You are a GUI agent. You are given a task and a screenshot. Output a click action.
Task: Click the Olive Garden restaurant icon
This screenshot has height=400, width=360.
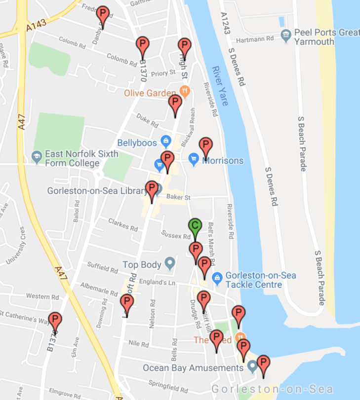click(x=185, y=91)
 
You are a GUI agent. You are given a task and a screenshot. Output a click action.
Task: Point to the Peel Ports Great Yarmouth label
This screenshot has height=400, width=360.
click(x=326, y=37)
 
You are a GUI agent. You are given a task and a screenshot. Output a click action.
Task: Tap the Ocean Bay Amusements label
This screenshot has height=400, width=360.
click(x=193, y=368)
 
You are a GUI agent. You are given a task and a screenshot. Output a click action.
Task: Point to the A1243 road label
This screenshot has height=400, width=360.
click(x=225, y=24)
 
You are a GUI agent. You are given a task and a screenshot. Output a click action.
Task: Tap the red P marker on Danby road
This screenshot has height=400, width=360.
click(x=103, y=14)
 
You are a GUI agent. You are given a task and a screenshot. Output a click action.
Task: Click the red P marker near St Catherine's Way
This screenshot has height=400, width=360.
click(x=55, y=321)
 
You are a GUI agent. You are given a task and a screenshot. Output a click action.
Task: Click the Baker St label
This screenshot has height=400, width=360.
click(x=178, y=197)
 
